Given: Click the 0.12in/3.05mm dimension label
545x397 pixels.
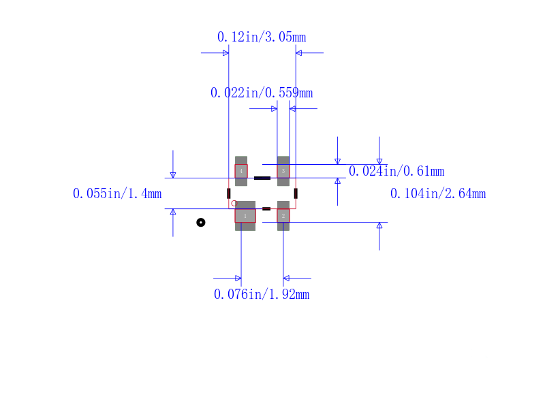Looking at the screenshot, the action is (x=262, y=37).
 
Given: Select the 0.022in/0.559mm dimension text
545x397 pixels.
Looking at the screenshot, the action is (x=262, y=93).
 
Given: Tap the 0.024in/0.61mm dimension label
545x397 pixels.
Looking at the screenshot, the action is (x=396, y=171).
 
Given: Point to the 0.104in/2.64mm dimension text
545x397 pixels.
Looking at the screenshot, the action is (x=438, y=193).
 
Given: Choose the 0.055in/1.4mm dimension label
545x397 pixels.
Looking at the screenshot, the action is (x=117, y=193).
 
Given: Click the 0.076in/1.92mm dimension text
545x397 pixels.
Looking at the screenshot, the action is (x=262, y=295).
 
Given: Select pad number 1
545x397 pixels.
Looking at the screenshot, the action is (x=245, y=216).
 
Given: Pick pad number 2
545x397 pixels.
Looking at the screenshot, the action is (x=283, y=216).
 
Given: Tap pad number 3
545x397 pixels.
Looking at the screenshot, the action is (x=283, y=171).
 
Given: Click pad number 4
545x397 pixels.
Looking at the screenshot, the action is (x=241, y=171).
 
